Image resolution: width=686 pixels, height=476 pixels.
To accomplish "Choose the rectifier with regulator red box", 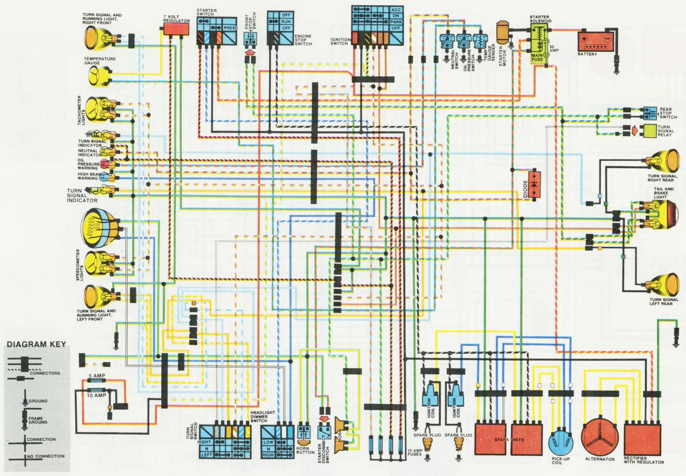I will pos(643,437).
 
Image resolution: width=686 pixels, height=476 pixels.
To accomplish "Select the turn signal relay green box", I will pos(649,131).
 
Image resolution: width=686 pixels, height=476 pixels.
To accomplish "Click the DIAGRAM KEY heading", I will pos(36,345).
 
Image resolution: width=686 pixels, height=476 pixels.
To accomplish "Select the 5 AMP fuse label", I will pos(95,375).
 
